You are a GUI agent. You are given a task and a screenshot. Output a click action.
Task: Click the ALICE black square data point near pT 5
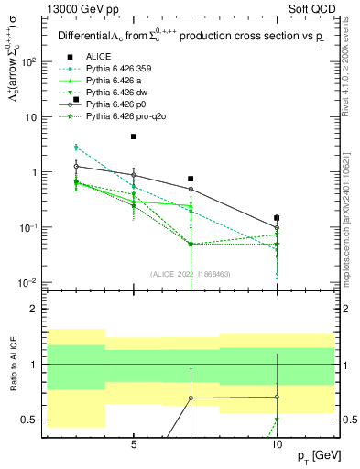pos(134,136)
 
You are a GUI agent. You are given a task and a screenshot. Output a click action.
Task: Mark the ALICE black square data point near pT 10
pos(278,218)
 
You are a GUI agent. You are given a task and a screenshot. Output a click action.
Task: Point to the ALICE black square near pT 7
pos(191,179)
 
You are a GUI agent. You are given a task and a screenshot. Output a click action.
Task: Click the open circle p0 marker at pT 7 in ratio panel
pos(191,398)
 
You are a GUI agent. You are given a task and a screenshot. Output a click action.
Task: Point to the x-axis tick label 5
pos(134,442)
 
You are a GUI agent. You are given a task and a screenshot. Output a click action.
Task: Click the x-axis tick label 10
pos(278,442)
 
